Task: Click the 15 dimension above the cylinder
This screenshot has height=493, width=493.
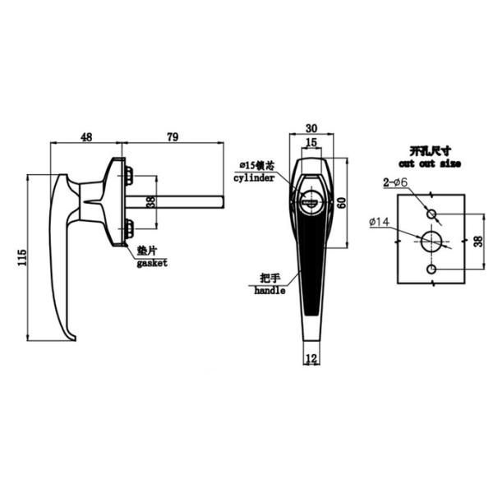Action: click(311, 143)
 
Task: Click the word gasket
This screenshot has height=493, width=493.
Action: click(152, 263)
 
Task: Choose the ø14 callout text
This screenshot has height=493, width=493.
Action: click(380, 223)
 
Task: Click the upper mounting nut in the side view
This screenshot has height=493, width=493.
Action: click(129, 173)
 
